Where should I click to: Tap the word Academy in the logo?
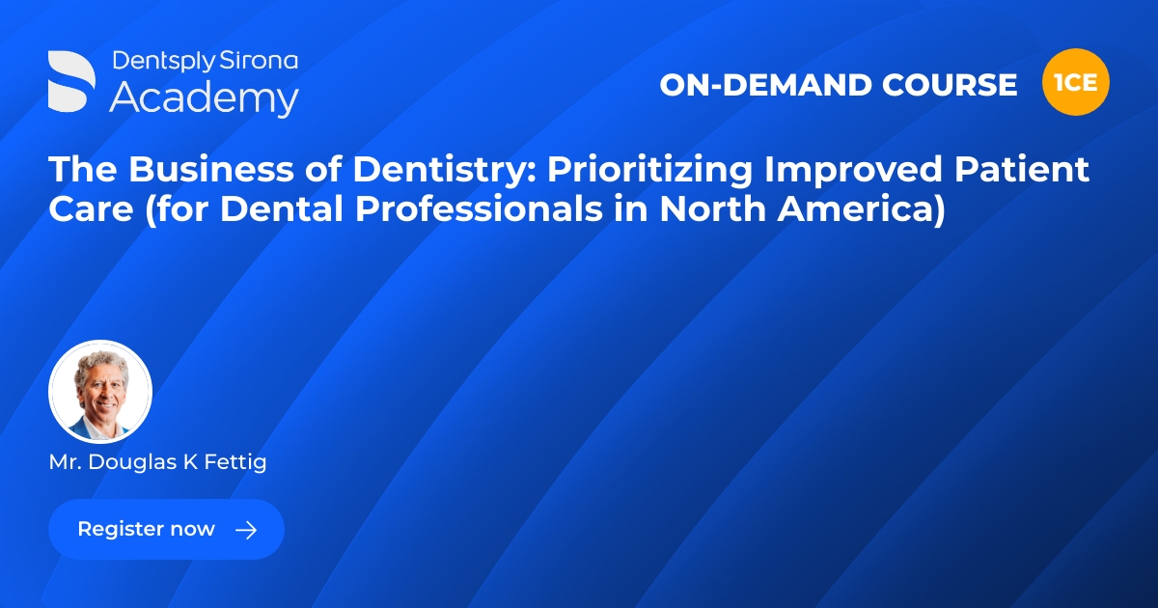(204, 98)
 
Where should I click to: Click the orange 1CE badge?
(1076, 82)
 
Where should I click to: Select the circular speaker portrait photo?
(100, 392)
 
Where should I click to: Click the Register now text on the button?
(146, 529)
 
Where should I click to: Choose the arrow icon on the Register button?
(246, 529)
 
